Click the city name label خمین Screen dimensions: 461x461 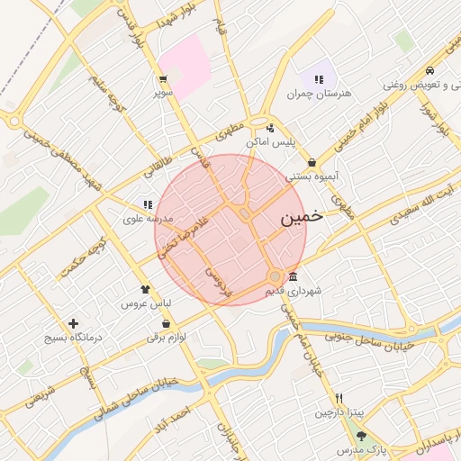300,218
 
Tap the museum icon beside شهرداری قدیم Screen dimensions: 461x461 293,276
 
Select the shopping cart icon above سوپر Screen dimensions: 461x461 163,78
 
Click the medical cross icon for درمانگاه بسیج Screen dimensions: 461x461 73,323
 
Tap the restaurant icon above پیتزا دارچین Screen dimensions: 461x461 339,398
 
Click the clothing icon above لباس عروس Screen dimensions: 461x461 145,289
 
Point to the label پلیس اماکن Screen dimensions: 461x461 271,142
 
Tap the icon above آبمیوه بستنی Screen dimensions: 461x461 312,163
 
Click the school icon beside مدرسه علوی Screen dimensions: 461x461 147,204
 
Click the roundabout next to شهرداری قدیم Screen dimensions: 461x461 276,276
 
